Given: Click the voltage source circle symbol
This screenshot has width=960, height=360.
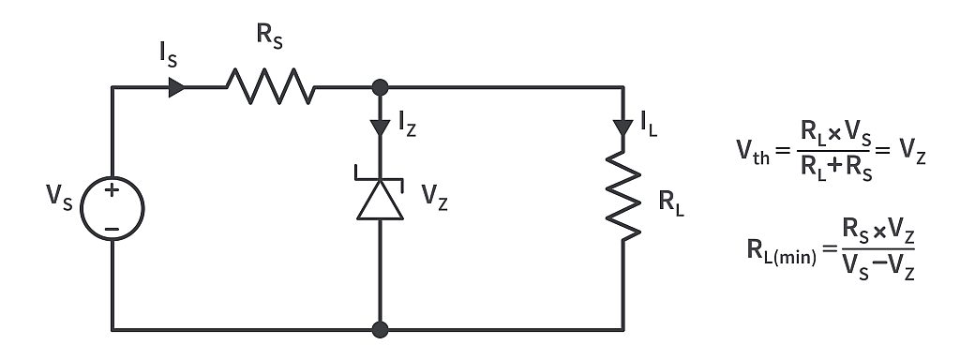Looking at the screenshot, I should coord(112,208).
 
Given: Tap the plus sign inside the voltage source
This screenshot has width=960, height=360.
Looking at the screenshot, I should coord(112,192).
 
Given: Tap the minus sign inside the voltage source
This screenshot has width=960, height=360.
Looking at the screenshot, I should coord(112,226).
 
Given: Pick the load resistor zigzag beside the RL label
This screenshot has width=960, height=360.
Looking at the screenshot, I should coord(623,200).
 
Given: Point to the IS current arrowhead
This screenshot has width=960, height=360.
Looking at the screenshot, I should coord(175,88).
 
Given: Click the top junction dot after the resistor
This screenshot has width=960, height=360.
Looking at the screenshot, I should coord(380,88).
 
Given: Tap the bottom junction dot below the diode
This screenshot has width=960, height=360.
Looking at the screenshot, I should coord(380,329).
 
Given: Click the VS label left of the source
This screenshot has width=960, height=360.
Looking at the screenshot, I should coord(60,201).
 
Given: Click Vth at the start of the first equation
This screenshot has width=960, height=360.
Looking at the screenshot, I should coord(756,151).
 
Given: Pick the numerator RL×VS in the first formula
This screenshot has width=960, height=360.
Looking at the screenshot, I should coord(829,133).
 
